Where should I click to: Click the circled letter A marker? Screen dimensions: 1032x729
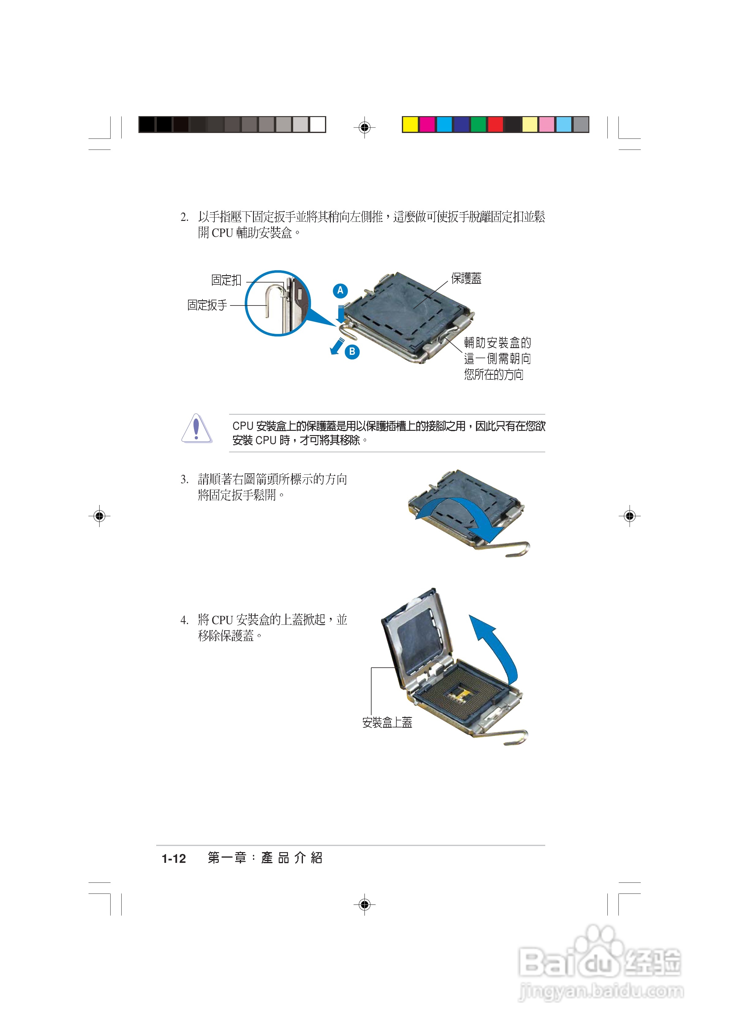click(x=340, y=290)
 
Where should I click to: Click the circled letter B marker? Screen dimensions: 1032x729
click(x=352, y=351)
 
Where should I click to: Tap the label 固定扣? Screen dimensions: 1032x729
click(x=227, y=280)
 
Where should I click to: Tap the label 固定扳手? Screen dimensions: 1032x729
click(x=207, y=305)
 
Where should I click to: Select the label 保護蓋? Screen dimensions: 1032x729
click(x=466, y=279)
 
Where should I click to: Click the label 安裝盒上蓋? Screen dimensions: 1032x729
click(x=387, y=722)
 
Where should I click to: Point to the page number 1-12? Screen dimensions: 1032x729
click(x=174, y=859)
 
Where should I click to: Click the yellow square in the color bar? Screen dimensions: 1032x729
click(x=410, y=124)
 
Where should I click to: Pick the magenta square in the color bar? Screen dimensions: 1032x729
click(x=427, y=124)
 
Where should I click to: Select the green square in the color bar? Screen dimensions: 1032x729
click(x=478, y=124)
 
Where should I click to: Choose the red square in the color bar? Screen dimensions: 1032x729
click(x=495, y=124)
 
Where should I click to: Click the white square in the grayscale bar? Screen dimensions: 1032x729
click(x=317, y=124)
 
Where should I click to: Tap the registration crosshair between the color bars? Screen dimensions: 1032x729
click(x=364, y=128)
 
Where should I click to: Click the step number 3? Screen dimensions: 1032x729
click(x=184, y=480)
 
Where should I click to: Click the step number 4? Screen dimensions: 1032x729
click(x=184, y=620)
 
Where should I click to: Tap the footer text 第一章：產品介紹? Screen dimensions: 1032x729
click(x=265, y=858)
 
